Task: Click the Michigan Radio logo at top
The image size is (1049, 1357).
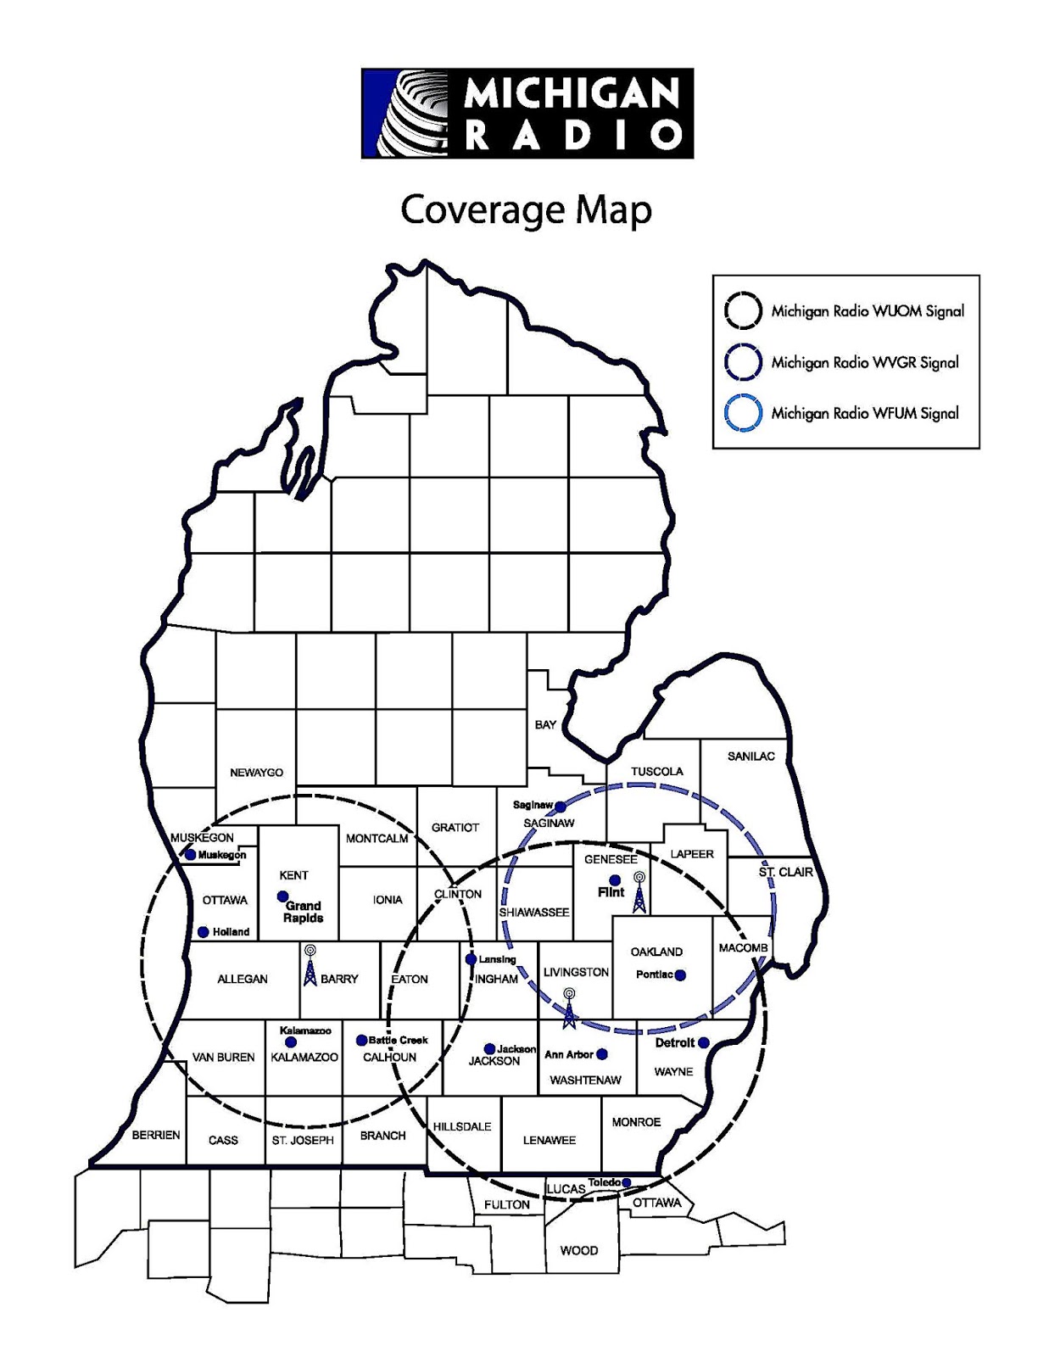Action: click(527, 114)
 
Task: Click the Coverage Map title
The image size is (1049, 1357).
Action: click(526, 209)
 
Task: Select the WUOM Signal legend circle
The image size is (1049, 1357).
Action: click(743, 311)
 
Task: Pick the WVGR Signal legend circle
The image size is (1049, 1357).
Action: click(743, 362)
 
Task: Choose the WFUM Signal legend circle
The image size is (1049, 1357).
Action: click(743, 414)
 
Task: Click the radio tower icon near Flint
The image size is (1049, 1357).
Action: click(639, 893)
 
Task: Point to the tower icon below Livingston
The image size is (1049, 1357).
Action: click(569, 1008)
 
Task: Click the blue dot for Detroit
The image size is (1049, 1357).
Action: click(703, 1043)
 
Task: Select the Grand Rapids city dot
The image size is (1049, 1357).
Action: click(283, 896)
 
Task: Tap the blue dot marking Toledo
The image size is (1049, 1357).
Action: click(627, 1182)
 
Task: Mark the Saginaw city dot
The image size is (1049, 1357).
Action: click(560, 807)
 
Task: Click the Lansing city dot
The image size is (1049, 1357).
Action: click(471, 959)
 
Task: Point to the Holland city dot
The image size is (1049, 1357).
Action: click(204, 932)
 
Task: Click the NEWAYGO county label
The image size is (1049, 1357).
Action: click(257, 773)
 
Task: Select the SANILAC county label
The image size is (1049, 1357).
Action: click(750, 757)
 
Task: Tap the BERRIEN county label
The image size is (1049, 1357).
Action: click(156, 1135)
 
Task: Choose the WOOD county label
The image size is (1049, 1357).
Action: click(579, 1250)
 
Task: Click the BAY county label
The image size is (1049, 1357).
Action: click(545, 725)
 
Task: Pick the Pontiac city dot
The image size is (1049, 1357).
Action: click(680, 975)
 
